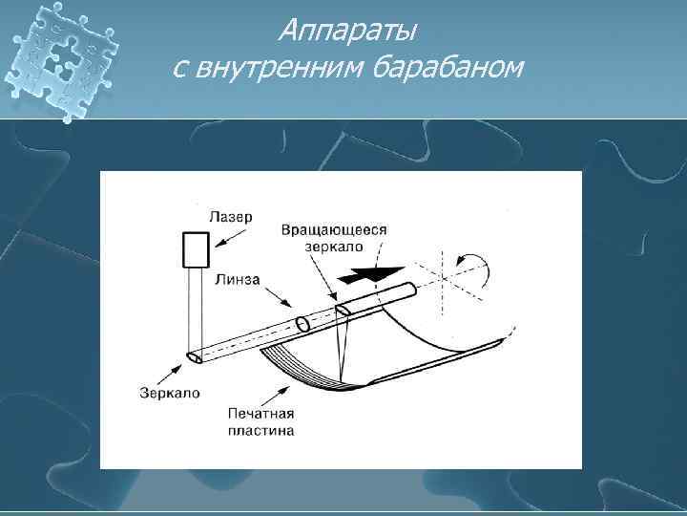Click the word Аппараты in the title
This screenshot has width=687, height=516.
(347, 32)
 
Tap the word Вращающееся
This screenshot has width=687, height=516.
(334, 231)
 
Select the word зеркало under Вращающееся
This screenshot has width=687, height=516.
(334, 247)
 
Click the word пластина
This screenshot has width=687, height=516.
(260, 431)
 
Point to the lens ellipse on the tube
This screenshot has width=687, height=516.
(302, 325)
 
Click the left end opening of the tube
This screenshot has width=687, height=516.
(195, 357)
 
